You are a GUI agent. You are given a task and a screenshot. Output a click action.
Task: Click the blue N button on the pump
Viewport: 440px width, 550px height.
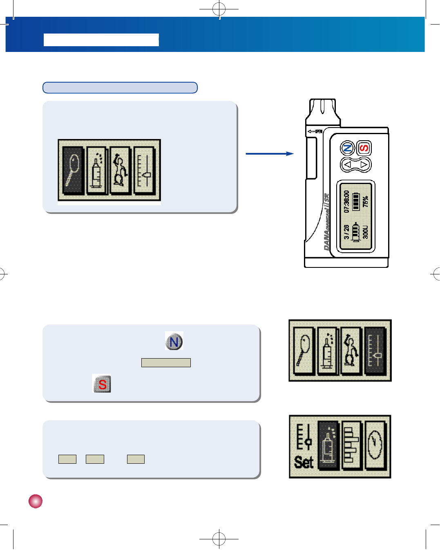[347, 148]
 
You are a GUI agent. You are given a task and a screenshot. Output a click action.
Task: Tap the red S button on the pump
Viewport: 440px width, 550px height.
[364, 148]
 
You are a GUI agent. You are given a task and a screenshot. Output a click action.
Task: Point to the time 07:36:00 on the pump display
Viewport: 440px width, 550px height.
[346, 201]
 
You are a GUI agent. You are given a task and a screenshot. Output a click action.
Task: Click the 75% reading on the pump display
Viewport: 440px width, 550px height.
[365, 201]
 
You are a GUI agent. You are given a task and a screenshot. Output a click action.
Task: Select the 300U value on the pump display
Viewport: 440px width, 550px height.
[365, 232]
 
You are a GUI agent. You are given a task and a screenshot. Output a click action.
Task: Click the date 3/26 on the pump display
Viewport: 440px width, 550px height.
[346, 232]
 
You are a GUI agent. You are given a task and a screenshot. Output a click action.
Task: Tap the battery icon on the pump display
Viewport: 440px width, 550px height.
[356, 202]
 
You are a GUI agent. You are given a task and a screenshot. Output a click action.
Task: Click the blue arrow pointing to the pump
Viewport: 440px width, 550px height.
[270, 154]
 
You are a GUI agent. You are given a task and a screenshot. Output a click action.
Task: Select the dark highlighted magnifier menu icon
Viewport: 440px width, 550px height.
[74, 170]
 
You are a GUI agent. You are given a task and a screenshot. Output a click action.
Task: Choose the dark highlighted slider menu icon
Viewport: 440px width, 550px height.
[375, 351]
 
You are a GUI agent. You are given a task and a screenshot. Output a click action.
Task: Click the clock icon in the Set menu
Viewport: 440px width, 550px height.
[376, 446]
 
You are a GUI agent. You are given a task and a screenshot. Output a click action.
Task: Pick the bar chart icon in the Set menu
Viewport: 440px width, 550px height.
[352, 446]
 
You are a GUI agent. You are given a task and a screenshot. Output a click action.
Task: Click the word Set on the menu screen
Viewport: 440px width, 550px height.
[304, 462]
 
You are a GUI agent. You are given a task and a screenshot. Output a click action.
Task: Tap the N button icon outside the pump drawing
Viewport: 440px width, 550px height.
[174, 341]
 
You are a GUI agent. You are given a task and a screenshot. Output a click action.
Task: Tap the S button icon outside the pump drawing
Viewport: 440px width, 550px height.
[102, 384]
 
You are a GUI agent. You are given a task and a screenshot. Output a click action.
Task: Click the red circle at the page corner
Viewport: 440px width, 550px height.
[36, 501]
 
